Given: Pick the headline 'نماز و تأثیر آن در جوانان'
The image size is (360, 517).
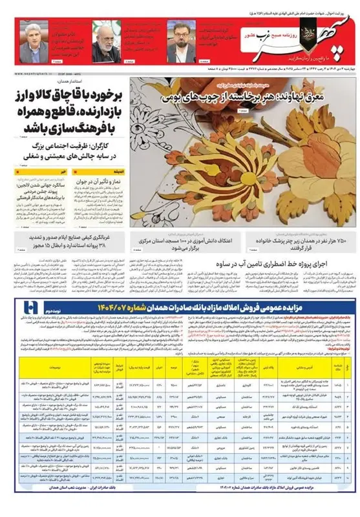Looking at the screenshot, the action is [102, 182].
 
